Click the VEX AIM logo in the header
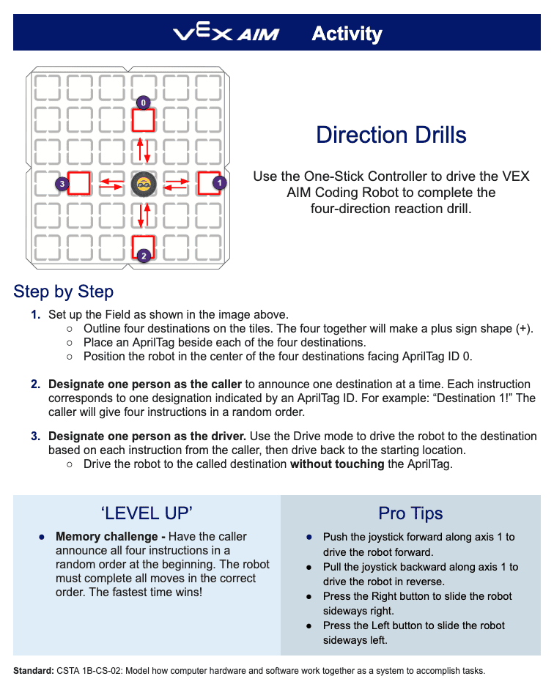point(226,34)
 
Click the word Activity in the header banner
point(347,34)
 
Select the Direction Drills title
point(391,135)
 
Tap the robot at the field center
point(144,185)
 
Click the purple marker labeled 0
point(144,103)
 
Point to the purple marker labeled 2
point(144,256)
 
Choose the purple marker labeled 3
point(63,185)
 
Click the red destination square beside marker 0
point(144,120)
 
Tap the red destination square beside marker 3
point(79,183)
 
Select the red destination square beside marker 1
point(208,182)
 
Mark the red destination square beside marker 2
point(144,246)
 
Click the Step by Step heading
point(63,291)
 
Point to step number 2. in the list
point(36,385)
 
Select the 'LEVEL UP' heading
point(146,512)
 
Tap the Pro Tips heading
point(410,513)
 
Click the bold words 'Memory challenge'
point(106,537)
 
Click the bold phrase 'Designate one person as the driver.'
point(147,437)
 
